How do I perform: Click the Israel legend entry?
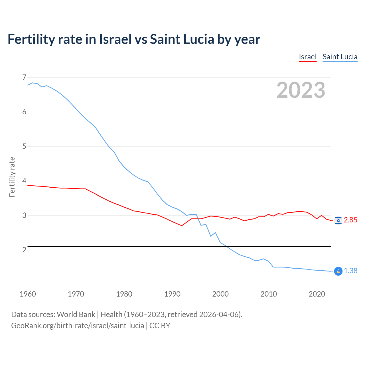click(x=308, y=57)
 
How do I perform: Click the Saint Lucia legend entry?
click(x=340, y=57)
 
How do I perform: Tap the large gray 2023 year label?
click(x=301, y=90)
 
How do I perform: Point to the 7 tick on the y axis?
click(x=24, y=77)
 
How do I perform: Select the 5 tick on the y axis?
click(x=24, y=146)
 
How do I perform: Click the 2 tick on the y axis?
click(x=24, y=250)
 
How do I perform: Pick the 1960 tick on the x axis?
click(x=28, y=294)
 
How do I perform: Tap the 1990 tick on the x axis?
click(x=172, y=294)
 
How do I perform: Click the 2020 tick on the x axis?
click(x=317, y=294)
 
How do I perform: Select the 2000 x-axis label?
click(x=220, y=294)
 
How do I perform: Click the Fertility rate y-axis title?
click(x=12, y=177)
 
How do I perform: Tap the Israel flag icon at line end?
click(x=338, y=220)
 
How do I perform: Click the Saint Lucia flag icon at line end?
click(x=338, y=271)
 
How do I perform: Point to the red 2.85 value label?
click(x=350, y=220)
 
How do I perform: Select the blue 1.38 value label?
click(x=350, y=271)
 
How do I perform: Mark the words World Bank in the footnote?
click(x=76, y=315)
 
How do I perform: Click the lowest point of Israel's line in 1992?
click(x=182, y=226)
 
